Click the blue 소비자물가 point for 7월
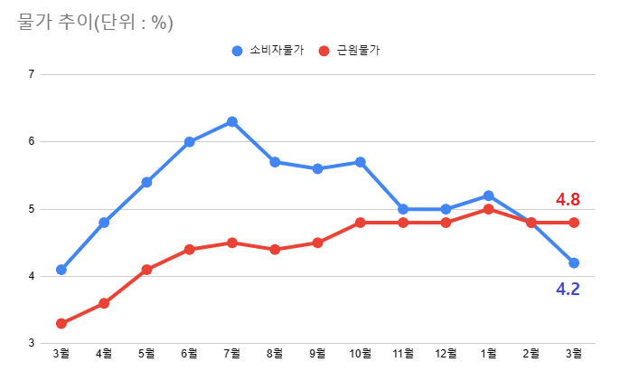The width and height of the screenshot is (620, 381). point(232,121)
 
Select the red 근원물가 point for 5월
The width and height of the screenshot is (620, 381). point(146,270)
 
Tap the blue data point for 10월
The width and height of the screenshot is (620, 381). point(361,162)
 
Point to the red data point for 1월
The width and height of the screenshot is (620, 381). point(488,209)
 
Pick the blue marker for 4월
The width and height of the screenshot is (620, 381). point(104,223)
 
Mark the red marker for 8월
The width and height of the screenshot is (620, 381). point(275,249)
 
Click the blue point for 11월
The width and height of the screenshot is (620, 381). point(403,209)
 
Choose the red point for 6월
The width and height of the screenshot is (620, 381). point(190,249)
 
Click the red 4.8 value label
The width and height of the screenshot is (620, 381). point(567,199)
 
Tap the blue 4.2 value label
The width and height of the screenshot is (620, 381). point(567,290)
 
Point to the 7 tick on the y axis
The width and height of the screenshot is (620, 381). point(31,74)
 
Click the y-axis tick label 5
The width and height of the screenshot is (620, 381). point(31,209)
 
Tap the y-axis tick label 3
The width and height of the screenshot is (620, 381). point(31,344)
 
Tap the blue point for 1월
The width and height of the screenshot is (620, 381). point(488,195)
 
